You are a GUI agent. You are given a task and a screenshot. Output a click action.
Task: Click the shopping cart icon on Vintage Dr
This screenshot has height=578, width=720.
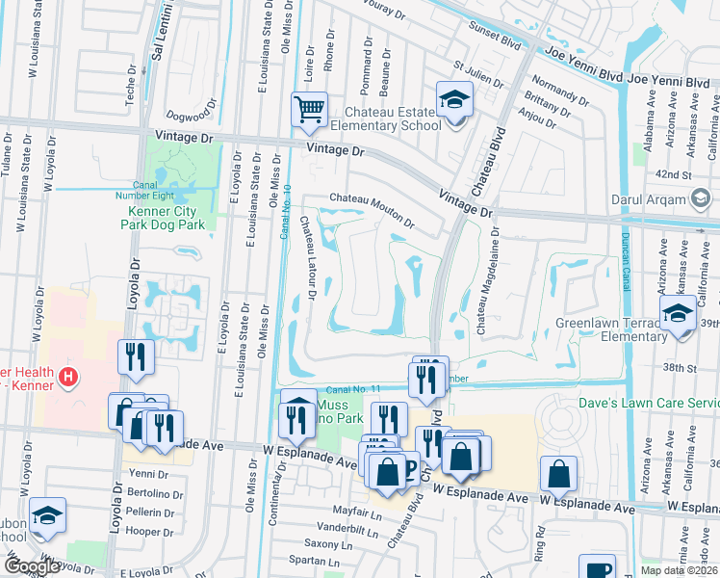point(310,110)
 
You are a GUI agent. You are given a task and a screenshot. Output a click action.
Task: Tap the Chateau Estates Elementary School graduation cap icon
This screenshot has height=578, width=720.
point(454,98)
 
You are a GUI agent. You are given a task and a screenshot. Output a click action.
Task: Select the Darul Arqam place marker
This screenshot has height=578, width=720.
point(701,200)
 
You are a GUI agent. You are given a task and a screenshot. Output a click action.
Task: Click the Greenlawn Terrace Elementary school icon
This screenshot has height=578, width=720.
point(678,314)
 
